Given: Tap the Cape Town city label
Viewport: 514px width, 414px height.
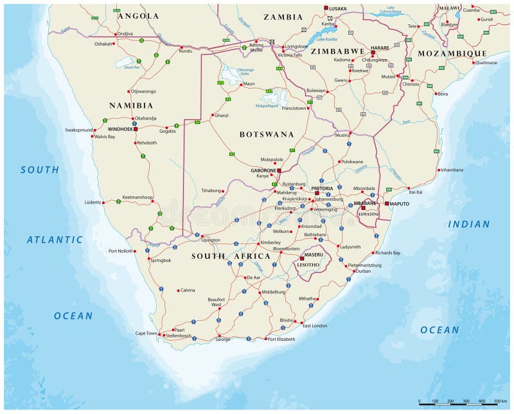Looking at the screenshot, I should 145,333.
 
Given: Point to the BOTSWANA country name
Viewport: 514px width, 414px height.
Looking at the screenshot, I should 267,135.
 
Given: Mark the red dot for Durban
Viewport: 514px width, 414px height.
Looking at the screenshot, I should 353,271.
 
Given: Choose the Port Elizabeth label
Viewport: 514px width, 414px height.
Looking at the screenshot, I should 281,339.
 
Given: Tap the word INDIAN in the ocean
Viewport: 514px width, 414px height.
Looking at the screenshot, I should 468,224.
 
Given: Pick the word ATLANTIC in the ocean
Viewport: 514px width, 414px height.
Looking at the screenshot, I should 55,239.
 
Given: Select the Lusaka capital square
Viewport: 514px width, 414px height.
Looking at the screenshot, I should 326,8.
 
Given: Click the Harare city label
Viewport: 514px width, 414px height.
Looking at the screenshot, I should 380,47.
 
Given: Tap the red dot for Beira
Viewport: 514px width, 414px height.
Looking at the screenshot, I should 436,94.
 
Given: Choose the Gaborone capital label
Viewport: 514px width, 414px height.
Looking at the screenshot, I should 262,170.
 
